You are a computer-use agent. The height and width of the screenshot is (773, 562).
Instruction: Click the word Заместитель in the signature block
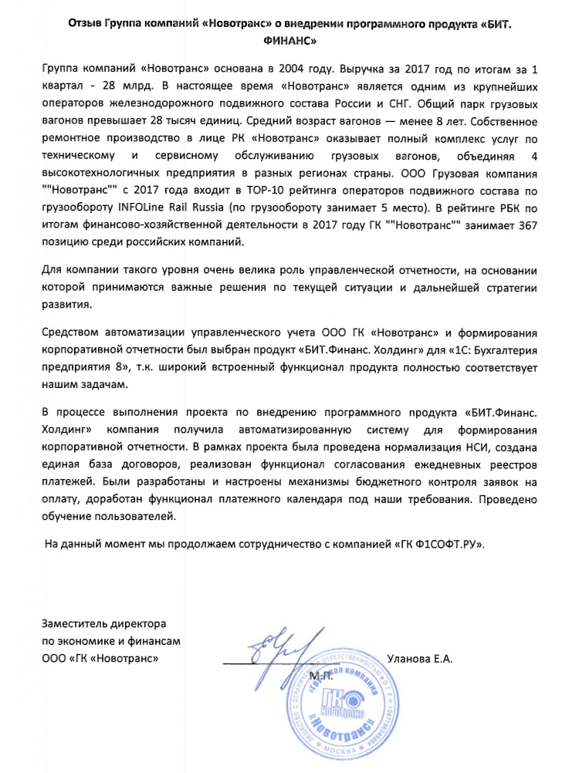click(x=76, y=622)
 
